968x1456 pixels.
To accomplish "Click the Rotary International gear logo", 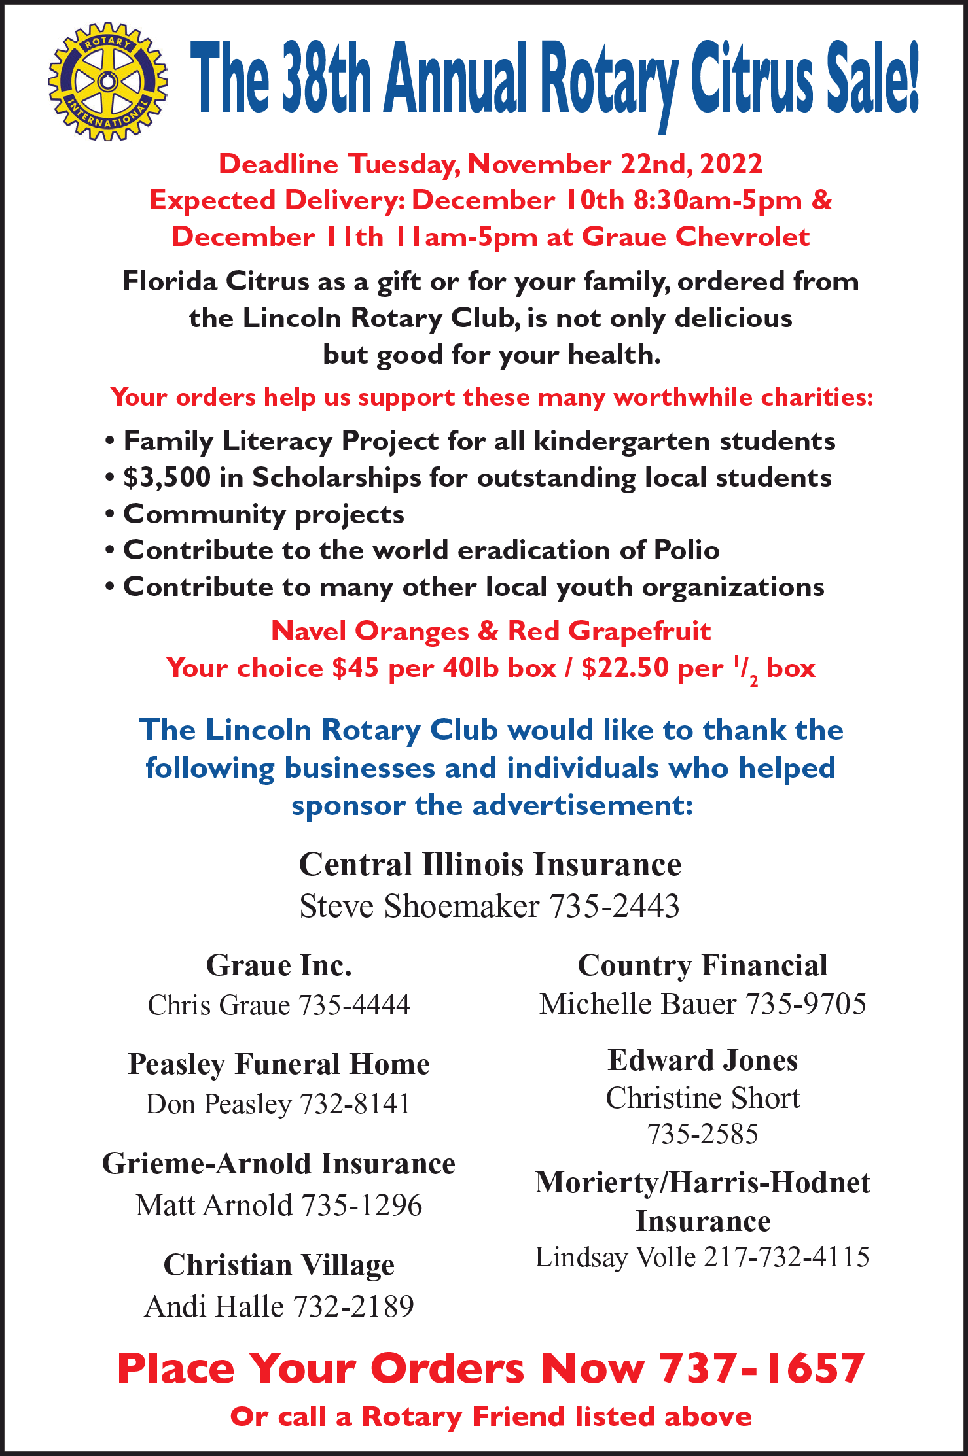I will [107, 81].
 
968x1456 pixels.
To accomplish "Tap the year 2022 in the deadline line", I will [731, 164].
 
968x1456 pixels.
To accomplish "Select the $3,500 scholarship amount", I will [167, 477].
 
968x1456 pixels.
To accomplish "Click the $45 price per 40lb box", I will [355, 668].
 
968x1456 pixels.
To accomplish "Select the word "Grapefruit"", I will [639, 631].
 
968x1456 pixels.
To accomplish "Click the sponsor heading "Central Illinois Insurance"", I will [490, 865].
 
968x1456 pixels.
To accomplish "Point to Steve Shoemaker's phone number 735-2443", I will [614, 907].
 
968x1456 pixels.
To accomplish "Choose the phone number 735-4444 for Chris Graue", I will [354, 1005].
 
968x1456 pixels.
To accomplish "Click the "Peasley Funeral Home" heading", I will [279, 1064].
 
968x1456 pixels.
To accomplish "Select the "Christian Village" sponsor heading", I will [279, 1265].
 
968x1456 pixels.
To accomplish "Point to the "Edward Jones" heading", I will [702, 1060].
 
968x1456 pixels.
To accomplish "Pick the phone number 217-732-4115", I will [786, 1257].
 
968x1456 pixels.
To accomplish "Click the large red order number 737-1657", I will [762, 1368].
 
